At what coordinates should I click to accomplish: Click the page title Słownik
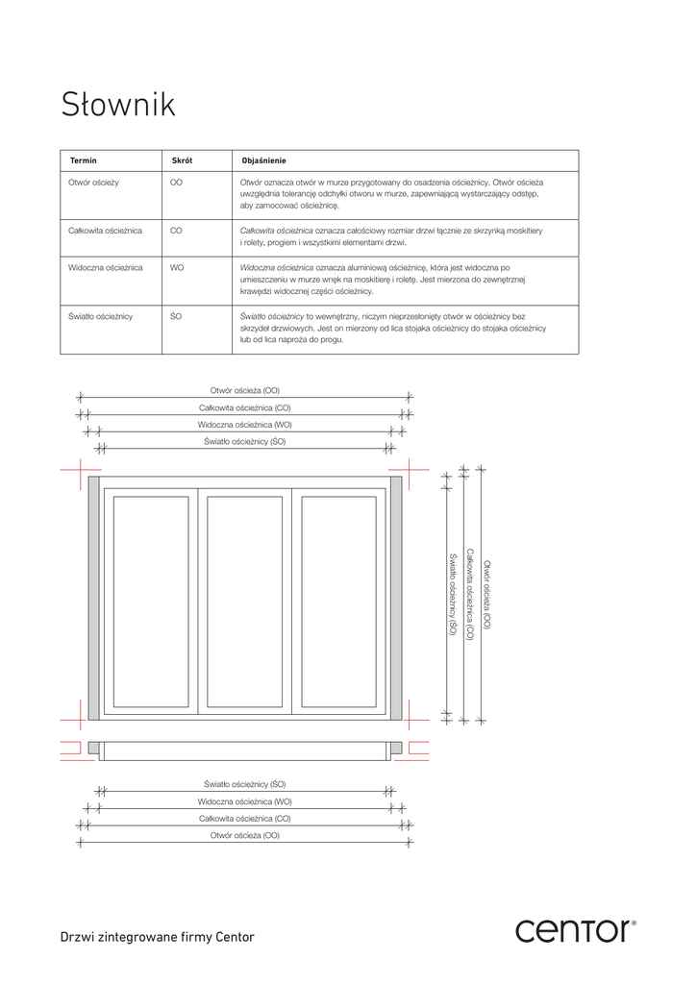tap(118, 105)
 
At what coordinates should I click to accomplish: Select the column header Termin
tap(83, 160)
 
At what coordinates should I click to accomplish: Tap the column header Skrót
tap(181, 160)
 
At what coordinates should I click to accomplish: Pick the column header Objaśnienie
tap(263, 160)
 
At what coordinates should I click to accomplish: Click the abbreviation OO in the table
tap(176, 182)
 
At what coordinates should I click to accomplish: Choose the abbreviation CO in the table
tap(176, 231)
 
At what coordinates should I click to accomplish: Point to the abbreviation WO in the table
tap(177, 267)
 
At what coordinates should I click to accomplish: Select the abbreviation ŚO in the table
tap(176, 315)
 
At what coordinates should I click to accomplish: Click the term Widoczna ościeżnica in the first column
tap(106, 267)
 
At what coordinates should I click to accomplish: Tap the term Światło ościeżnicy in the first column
tap(100, 315)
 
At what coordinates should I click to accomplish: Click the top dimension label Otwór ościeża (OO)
tap(245, 390)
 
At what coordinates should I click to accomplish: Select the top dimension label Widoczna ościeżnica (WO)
tap(245, 425)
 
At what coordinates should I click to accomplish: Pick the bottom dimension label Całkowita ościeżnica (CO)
tap(245, 819)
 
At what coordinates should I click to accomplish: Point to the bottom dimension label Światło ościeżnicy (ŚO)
tap(245, 784)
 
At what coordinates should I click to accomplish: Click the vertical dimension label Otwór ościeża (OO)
tap(486, 595)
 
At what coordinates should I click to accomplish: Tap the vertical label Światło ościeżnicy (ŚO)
tap(451, 595)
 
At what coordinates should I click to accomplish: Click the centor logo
tap(575, 930)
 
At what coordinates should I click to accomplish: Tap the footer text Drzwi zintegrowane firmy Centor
tap(158, 937)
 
